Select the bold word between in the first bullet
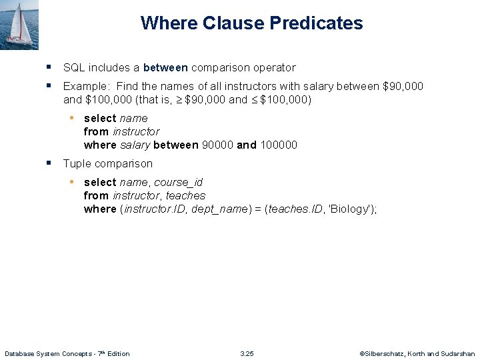165,67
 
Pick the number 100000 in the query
278,145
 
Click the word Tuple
76,163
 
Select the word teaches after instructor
185,195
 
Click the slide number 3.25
247,353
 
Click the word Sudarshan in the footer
458,353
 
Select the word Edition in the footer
117,353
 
